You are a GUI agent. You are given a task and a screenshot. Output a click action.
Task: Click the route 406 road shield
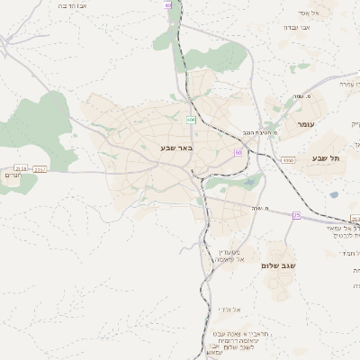(191, 120)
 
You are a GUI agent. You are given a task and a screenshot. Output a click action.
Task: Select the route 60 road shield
(238, 152)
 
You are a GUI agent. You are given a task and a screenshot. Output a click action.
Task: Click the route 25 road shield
(296, 215)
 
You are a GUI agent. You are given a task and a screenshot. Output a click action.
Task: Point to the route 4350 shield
(288, 159)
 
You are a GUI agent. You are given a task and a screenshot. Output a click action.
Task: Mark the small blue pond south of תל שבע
(334, 194)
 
